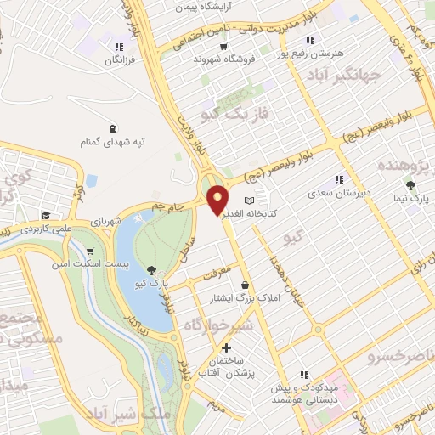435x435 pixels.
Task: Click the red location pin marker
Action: point(218,199)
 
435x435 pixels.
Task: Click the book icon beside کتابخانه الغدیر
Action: point(249,200)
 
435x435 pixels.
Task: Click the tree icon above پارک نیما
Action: point(410,184)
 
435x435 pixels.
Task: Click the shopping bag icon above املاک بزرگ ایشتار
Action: point(245,285)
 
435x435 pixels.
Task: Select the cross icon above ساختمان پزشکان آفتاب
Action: point(226,348)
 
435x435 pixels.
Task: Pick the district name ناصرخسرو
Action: point(400,354)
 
